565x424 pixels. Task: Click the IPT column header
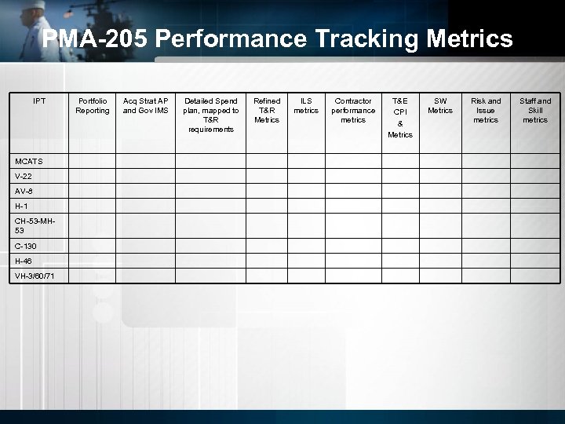click(x=39, y=101)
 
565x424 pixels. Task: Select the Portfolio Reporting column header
click(x=93, y=106)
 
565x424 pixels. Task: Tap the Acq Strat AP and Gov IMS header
click(x=145, y=106)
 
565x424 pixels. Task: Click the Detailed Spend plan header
click(x=211, y=115)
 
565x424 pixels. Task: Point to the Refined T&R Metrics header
click(x=267, y=110)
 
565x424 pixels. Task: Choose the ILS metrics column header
click(x=306, y=106)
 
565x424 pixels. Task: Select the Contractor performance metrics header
click(x=353, y=110)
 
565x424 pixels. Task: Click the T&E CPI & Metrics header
click(x=400, y=118)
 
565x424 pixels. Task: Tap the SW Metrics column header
click(x=440, y=106)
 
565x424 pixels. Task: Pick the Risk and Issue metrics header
click(x=486, y=110)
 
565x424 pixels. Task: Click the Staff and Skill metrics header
click(x=535, y=110)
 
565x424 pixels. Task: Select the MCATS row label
click(x=29, y=161)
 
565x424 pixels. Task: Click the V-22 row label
click(x=24, y=176)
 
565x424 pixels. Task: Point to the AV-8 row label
click(x=24, y=192)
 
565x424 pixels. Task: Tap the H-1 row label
click(x=22, y=207)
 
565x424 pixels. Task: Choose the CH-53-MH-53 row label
click(x=36, y=226)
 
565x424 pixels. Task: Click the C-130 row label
click(x=26, y=247)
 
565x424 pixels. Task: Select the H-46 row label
click(x=24, y=261)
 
